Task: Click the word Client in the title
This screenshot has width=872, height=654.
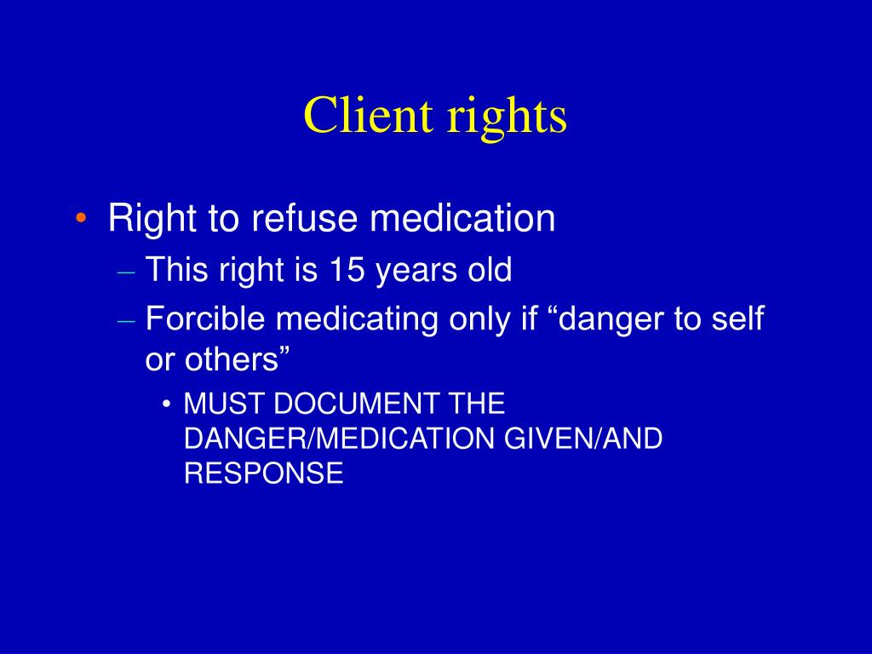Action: coord(366,116)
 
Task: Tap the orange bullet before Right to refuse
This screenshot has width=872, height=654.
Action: coord(80,219)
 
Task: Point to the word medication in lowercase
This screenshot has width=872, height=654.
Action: coord(462,219)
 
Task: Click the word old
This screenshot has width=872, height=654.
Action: coord(488,271)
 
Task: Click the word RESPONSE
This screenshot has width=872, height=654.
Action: coord(263,473)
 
